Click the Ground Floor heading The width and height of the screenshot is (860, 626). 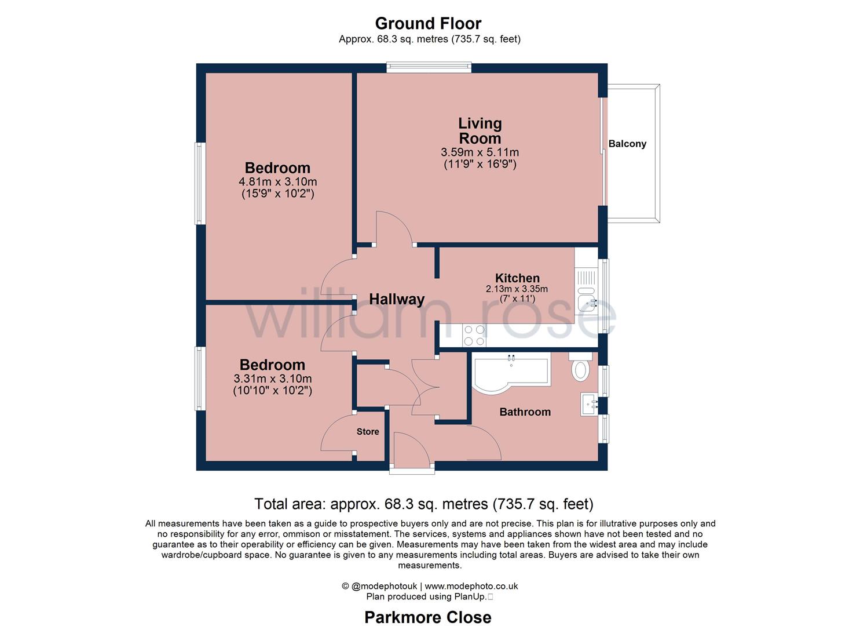[428, 23]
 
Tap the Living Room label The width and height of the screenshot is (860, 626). [480, 130]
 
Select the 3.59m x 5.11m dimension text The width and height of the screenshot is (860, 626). [480, 152]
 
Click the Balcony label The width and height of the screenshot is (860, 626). [627, 144]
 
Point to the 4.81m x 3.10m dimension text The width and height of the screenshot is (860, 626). [277, 182]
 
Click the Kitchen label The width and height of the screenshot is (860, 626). [517, 278]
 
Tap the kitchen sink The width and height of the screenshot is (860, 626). [586, 301]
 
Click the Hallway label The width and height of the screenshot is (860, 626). [397, 299]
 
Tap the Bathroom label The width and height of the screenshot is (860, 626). [525, 412]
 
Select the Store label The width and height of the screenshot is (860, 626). [368, 432]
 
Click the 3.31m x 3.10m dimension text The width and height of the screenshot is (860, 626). [272, 378]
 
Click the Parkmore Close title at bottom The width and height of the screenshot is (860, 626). [428, 617]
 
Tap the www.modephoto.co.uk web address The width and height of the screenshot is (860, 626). [471, 586]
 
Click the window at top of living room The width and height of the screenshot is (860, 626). [429, 68]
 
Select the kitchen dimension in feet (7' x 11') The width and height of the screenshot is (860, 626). [517, 299]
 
